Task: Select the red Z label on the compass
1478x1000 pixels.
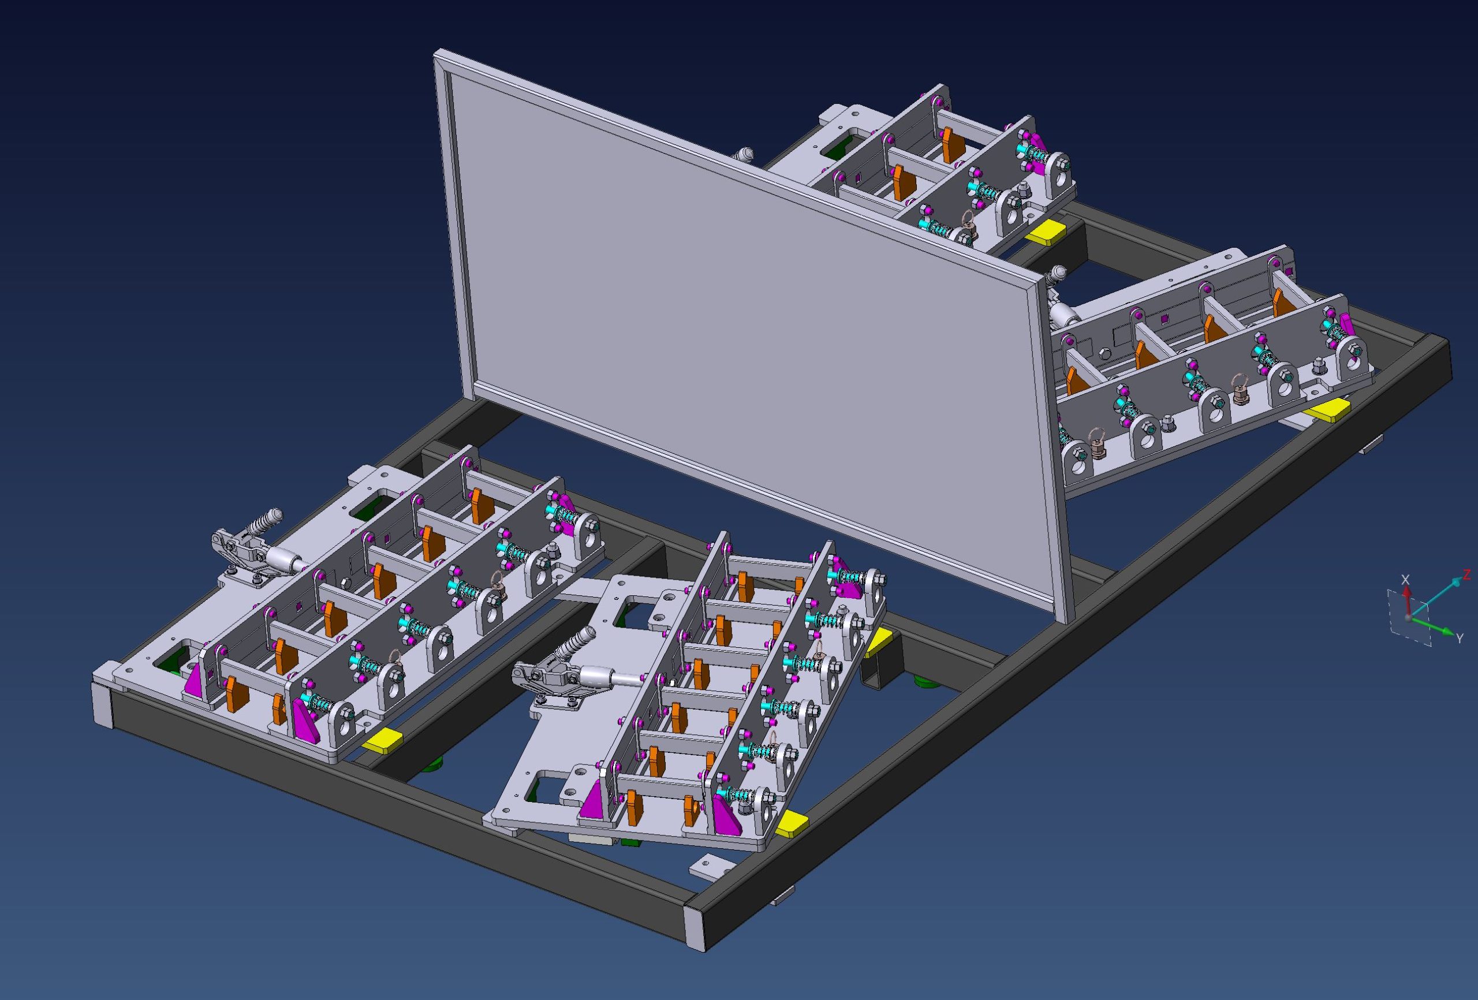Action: pyautogui.click(x=1466, y=575)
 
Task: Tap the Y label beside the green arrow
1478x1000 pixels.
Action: pyautogui.click(x=1460, y=638)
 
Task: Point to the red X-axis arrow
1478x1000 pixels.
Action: pyautogui.click(x=1408, y=602)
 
